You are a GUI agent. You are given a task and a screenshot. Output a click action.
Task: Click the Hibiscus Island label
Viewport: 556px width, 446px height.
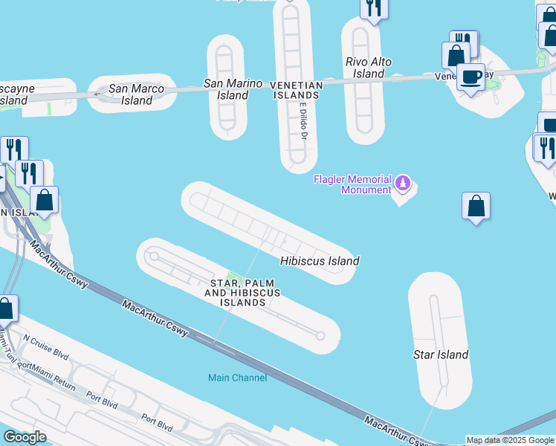pos(320,261)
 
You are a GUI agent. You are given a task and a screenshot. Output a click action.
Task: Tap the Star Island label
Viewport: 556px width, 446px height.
pos(441,355)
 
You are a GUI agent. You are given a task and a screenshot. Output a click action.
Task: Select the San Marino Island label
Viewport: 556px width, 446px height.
pos(233,89)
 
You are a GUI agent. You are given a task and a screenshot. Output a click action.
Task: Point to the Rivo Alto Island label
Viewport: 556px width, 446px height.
pos(369,68)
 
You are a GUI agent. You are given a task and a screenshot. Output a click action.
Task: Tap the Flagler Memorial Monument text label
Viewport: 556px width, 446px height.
pos(352,184)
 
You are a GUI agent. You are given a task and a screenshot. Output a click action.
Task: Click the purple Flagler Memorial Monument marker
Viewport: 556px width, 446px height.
pos(402,182)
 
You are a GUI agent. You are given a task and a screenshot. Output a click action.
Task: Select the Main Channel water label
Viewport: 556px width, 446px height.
pos(237,378)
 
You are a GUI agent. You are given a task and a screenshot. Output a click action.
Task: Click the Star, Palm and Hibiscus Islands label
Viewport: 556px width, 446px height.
pos(243,293)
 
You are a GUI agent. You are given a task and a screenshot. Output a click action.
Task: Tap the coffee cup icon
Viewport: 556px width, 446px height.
pos(471,77)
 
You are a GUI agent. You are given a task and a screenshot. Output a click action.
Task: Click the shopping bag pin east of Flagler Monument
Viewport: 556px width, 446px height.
pos(476,206)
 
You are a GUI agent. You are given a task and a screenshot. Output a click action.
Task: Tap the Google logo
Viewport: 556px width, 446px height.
pos(25,437)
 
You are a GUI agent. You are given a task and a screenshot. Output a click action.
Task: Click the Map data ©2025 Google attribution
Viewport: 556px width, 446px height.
pos(510,440)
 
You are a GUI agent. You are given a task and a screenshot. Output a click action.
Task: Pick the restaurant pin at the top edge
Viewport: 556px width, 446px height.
pos(373,8)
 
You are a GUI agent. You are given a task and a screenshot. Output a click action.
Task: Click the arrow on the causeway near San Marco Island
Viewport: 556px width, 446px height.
pos(97,94)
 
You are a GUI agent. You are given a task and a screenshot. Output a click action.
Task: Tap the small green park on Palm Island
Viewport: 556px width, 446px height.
pos(236,279)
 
